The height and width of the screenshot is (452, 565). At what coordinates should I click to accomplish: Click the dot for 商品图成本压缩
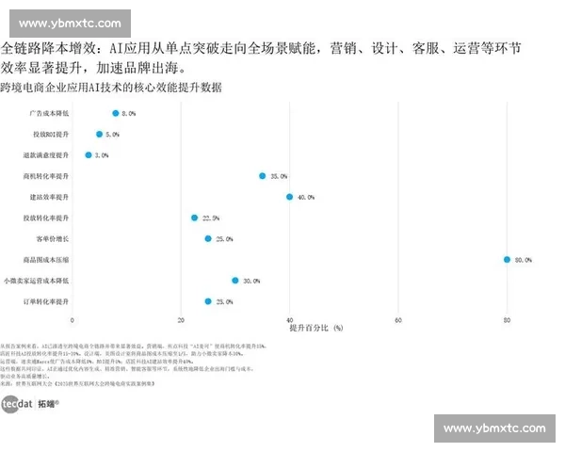click(507, 259)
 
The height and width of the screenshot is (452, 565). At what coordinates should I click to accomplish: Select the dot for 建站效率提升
click(290, 197)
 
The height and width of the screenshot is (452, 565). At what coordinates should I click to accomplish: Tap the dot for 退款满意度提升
click(89, 154)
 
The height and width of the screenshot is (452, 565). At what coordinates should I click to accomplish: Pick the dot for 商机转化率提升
click(263, 175)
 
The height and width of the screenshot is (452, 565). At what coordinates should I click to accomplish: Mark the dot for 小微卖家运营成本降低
click(235, 281)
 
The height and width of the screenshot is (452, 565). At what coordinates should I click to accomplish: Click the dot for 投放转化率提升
click(195, 218)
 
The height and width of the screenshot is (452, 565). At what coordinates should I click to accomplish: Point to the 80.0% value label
click(523, 260)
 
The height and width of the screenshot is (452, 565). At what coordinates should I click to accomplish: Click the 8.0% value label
click(129, 113)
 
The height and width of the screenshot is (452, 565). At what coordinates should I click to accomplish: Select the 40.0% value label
click(306, 198)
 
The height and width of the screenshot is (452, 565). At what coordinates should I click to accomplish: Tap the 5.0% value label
click(113, 135)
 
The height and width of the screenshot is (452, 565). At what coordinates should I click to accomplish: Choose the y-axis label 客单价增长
click(53, 238)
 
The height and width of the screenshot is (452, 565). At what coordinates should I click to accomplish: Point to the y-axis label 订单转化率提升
click(47, 301)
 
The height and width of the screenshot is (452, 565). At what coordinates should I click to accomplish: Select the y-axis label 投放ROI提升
click(51, 134)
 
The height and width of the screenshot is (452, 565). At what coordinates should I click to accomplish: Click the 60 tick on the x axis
click(398, 321)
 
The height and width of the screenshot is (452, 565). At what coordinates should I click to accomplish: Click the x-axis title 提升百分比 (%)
click(316, 329)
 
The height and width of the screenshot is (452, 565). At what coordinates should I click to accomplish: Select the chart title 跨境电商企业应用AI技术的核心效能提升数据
click(111, 88)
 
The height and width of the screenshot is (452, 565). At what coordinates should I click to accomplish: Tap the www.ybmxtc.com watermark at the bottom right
click(493, 428)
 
